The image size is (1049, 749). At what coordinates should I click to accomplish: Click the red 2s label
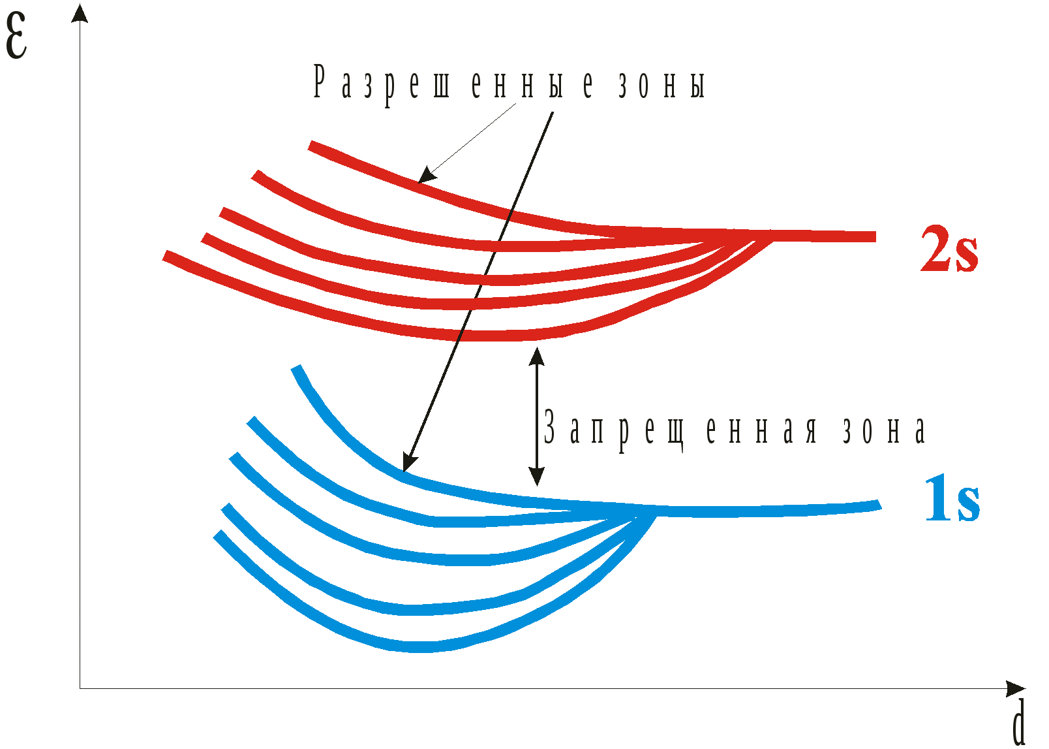949,249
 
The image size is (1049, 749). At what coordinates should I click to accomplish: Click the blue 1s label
952,500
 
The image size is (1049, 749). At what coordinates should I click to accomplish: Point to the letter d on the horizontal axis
1018,723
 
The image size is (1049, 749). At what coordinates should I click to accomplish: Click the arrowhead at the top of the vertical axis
80,13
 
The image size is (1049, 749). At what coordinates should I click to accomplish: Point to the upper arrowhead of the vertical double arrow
537,357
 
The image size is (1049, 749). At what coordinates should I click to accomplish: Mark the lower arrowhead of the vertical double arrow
537,477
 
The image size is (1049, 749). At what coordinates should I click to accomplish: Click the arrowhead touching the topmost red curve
425,176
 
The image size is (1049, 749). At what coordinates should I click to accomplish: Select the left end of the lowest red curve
166,255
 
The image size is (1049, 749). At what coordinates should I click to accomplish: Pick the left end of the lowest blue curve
219,534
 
